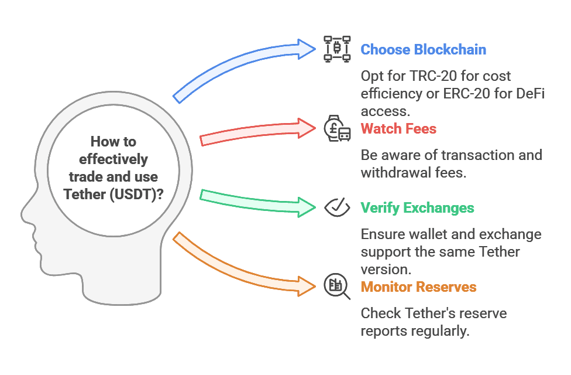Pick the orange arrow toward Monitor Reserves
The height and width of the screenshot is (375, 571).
246,264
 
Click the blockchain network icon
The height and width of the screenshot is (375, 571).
337,49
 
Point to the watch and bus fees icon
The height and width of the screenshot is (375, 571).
337,128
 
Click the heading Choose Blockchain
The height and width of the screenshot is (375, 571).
423,49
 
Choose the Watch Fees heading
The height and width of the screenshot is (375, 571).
398,128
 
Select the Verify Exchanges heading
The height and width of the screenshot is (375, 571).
417,207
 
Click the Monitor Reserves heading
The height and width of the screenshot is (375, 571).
418,287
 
